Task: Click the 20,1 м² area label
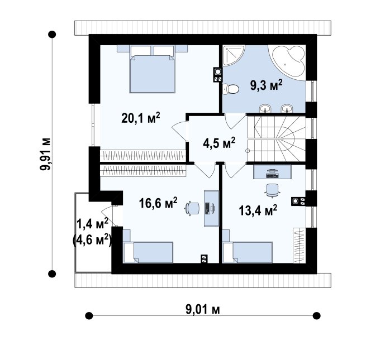141,118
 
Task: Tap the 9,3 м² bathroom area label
267,85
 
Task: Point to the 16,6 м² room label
158,203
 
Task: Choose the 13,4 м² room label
258,210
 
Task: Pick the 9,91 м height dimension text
45,154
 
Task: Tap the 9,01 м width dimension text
203,310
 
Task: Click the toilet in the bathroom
231,89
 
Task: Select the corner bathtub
288,63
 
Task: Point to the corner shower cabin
232,55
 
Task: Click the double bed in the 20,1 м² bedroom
152,69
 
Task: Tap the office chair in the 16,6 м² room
192,208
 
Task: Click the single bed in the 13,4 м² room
248,252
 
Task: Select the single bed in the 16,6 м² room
148,252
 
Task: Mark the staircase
277,139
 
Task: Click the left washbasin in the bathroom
265,108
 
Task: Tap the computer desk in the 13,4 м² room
272,172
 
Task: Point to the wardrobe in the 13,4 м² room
300,245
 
